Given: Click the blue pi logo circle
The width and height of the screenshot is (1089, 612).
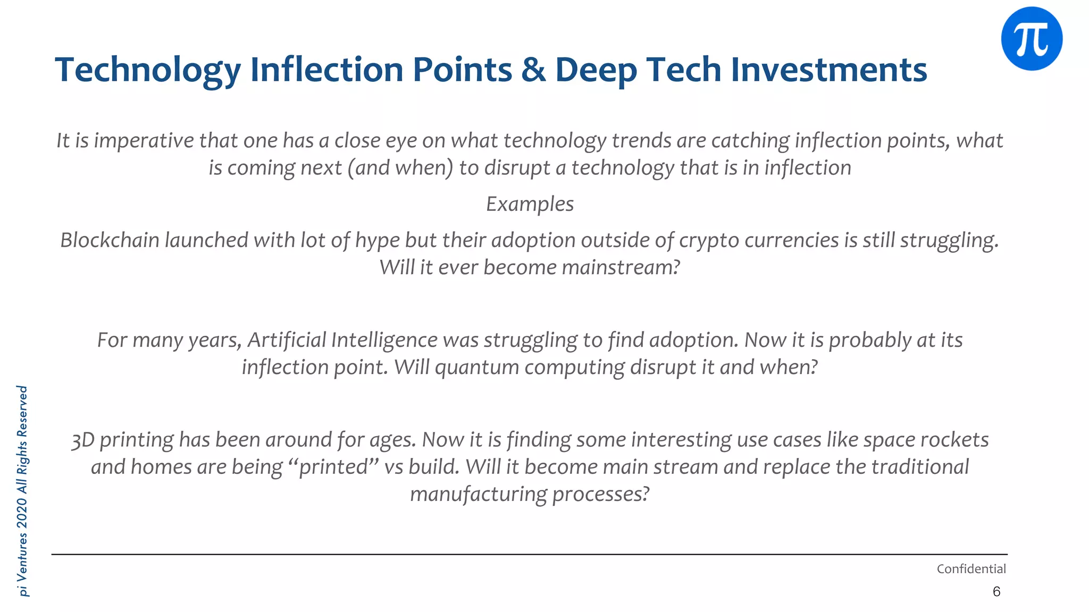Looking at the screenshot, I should click(x=1032, y=39).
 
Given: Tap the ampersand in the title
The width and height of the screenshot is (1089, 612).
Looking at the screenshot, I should click(x=533, y=70).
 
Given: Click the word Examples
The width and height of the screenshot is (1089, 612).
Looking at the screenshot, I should click(x=530, y=204).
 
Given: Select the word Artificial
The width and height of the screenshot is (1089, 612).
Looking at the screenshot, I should click(x=287, y=340).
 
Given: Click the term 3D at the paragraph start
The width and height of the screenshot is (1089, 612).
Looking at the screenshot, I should click(x=83, y=440).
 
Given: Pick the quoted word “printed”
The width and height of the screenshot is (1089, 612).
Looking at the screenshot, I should click(x=333, y=467).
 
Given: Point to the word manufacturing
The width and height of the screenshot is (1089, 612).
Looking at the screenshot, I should click(x=479, y=494).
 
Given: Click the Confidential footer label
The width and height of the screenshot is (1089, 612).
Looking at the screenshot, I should click(x=971, y=569).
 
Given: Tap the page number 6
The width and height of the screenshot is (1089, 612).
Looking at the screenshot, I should click(x=996, y=592).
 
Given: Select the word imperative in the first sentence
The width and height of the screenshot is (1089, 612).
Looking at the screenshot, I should click(x=144, y=141).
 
